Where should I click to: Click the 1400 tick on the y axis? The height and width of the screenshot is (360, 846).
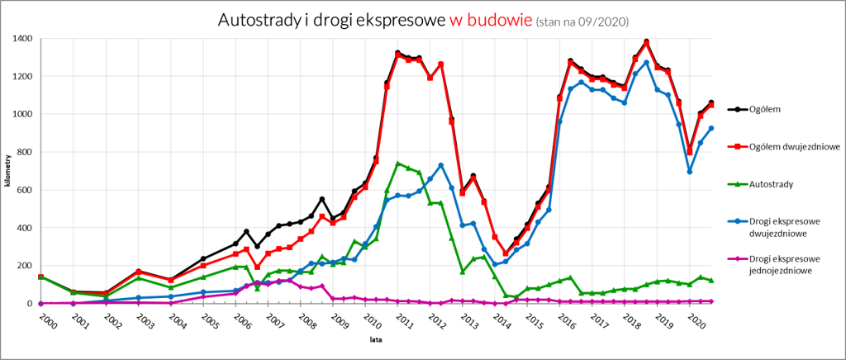(23, 39)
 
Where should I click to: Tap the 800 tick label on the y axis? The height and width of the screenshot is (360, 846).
(25, 152)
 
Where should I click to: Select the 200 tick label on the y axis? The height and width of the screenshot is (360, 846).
(25, 265)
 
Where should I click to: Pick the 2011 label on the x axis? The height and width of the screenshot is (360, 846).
(403, 320)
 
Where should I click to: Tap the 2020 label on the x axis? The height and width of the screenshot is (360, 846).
(696, 320)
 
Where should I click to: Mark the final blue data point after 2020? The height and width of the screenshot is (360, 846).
(711, 128)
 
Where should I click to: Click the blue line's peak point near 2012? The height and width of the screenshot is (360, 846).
(441, 165)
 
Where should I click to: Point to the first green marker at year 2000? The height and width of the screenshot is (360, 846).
(40, 277)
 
